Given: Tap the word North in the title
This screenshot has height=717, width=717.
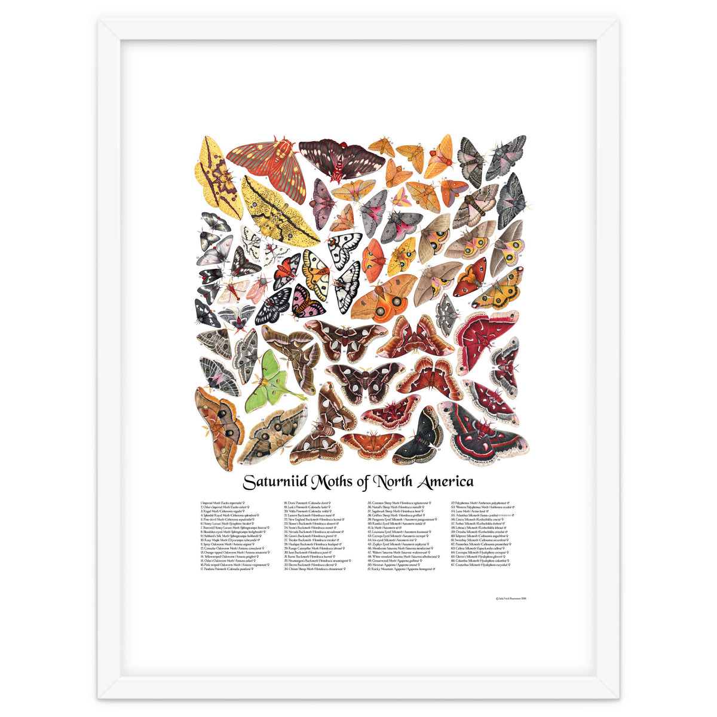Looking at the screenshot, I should pos(391,482).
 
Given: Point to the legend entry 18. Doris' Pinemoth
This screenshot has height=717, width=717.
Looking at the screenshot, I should pos(307,504).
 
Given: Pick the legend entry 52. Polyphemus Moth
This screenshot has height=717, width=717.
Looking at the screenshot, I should pos(480,504).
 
